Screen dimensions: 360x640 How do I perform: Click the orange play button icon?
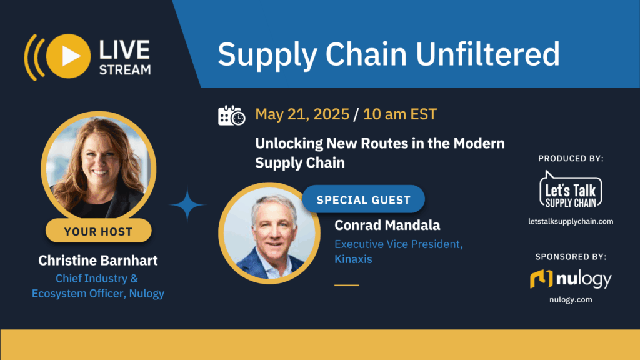(x=69, y=56)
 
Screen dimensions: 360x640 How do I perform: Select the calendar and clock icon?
(x=231, y=115)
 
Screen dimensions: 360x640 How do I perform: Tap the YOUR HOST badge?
(x=98, y=231)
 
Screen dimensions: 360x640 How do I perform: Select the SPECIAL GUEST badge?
(x=363, y=200)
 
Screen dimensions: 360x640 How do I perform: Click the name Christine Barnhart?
(x=98, y=260)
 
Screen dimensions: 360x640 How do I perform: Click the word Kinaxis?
(x=353, y=259)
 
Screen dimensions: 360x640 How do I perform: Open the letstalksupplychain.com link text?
(x=571, y=221)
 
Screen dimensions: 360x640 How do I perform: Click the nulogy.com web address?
(x=571, y=300)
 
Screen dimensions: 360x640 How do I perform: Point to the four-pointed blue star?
(x=187, y=204)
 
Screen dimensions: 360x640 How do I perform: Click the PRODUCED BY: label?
(x=571, y=159)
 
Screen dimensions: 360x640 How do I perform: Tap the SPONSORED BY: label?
(x=571, y=256)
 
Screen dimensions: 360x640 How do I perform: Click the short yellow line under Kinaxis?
(x=347, y=285)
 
